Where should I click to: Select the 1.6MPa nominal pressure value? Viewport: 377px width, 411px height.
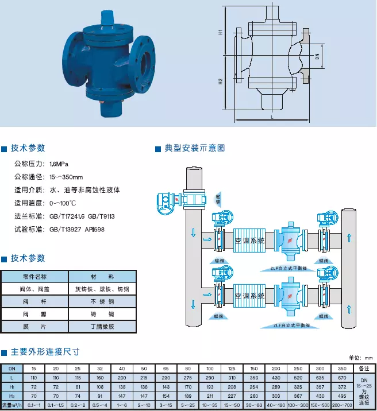[59, 164]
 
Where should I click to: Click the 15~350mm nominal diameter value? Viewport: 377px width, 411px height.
[66, 177]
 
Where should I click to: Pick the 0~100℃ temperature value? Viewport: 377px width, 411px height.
[63, 203]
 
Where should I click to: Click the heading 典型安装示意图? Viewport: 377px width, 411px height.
[194, 148]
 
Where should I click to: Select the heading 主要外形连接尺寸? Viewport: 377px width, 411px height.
[45, 351]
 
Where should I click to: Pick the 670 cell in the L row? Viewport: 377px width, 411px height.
[342, 378]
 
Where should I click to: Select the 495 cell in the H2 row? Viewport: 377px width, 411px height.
[342, 396]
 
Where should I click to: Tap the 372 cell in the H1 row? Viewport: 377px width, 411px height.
[342, 387]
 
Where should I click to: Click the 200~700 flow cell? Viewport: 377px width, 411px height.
[342, 405]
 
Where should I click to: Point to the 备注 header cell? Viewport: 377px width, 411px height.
[363, 368]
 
